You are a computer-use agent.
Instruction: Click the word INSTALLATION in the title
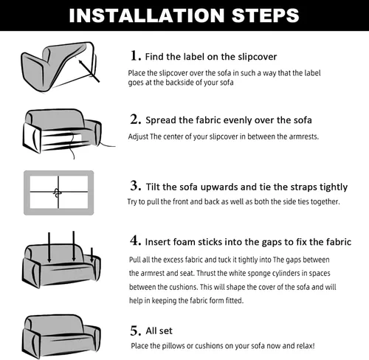point(147,15)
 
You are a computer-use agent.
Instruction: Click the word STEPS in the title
point(266,15)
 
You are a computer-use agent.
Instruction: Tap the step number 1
point(136,55)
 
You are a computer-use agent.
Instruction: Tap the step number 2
point(136,120)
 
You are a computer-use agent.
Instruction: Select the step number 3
point(136,186)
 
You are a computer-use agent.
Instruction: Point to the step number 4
point(136,240)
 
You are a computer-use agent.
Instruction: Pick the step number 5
point(136,330)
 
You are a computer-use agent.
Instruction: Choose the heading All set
point(159,330)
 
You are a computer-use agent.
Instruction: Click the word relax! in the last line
point(306,346)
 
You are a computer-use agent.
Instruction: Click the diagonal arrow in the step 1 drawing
point(89,71)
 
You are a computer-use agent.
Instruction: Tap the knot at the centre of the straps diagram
point(57,193)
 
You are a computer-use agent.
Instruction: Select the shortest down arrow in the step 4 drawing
point(92,255)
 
